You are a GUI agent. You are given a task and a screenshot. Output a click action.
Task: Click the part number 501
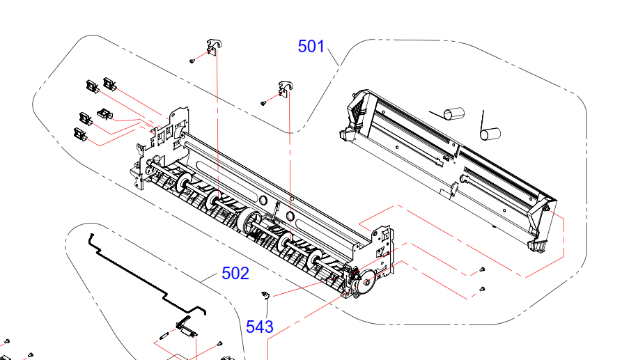pos(311,47)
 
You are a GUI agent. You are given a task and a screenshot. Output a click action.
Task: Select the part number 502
pos(235,273)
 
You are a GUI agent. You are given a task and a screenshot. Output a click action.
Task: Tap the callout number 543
pos(259,327)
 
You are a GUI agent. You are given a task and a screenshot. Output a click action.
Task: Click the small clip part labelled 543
pos(265,295)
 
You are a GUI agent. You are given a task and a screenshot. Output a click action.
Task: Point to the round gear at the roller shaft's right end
pos(366,281)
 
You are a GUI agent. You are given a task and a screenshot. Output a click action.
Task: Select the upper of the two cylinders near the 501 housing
pos(453,113)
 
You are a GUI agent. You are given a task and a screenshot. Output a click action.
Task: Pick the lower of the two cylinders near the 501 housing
pos(490,134)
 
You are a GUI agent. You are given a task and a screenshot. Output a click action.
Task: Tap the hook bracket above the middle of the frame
pos(286,89)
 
